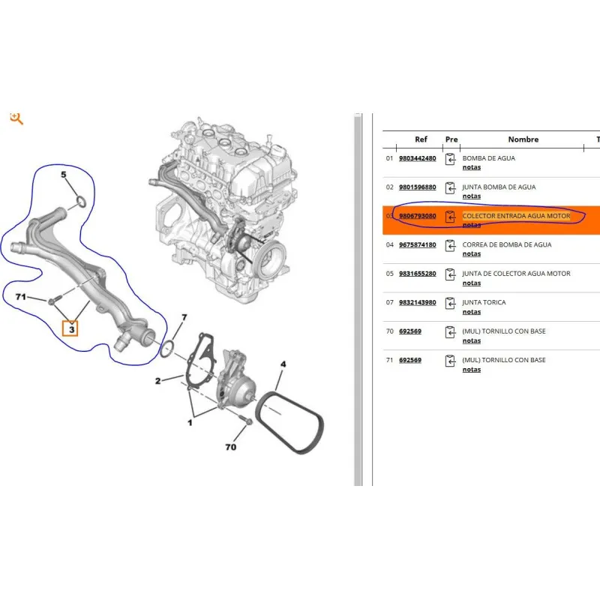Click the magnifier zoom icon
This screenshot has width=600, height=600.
(x=16, y=118)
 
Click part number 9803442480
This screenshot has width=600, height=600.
(x=418, y=158)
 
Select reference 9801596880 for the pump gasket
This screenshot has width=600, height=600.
(x=418, y=187)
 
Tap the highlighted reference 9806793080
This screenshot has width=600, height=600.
(x=418, y=216)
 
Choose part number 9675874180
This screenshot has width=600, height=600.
(x=418, y=245)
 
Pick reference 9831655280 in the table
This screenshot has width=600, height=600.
(x=418, y=274)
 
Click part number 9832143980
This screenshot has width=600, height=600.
(x=418, y=302)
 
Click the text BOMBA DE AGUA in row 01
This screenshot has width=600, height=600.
(x=489, y=158)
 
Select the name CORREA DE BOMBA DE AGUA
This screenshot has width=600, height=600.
(x=507, y=245)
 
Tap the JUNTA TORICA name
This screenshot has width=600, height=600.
(x=484, y=302)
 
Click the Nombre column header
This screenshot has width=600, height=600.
(x=523, y=139)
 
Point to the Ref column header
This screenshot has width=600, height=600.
(x=421, y=139)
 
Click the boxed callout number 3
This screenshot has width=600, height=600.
(x=70, y=329)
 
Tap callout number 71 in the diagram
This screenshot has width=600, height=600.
(x=21, y=297)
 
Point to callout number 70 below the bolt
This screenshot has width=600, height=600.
(x=231, y=447)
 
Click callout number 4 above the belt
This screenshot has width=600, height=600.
(x=283, y=364)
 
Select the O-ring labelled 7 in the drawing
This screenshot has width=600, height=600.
(x=167, y=349)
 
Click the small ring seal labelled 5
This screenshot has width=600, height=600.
(x=81, y=201)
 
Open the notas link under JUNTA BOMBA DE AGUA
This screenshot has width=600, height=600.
(x=472, y=196)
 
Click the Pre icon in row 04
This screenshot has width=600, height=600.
(x=451, y=245)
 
